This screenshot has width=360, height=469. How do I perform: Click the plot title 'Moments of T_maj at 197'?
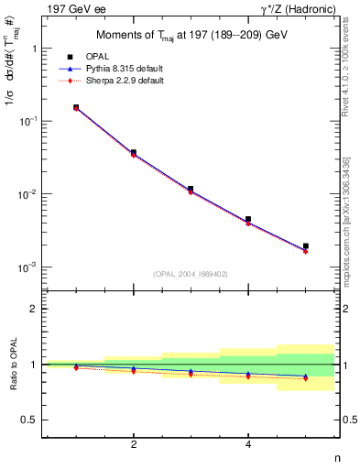tap(190, 36)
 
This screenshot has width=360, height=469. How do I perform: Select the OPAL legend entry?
tap(109, 57)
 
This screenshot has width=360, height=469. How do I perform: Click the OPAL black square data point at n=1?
tap(76, 107)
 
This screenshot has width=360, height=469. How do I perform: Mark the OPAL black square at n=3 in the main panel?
tap(191, 189)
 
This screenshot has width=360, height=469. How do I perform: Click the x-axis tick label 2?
tap(134, 444)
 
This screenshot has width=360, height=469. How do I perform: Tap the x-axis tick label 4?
tap(248, 444)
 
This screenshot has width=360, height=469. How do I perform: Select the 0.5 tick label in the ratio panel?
tap(30, 420)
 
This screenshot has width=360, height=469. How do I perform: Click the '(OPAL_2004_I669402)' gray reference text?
tap(190, 274)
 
